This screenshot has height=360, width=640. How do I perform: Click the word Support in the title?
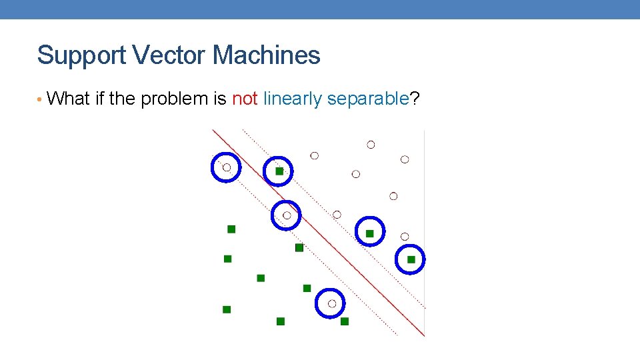tap(82, 56)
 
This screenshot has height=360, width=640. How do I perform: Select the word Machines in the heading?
tap(267, 55)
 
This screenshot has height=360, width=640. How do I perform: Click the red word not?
tap(245, 99)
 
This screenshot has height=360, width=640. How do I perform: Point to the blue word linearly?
tap(293, 99)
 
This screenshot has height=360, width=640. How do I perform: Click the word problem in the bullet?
tap(173, 99)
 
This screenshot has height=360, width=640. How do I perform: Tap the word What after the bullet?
tap(69, 99)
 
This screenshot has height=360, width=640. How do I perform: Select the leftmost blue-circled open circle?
tap(226, 167)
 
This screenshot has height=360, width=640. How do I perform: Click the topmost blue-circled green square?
tap(279, 171)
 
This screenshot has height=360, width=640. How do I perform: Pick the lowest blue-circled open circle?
tap(331, 303)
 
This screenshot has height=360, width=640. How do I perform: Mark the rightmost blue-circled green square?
tap(411, 259)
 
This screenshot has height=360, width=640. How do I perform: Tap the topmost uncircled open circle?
tap(371, 145)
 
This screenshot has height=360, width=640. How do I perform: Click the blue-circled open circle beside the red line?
tap(287, 215)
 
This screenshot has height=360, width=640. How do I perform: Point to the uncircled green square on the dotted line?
tap(299, 248)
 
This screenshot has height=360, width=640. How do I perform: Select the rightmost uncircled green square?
tap(345, 321)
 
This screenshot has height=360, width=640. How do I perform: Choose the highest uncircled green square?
tap(231, 229)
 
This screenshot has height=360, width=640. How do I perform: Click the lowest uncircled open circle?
tap(405, 237)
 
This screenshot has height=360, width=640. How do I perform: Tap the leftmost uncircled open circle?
tap(315, 155)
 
